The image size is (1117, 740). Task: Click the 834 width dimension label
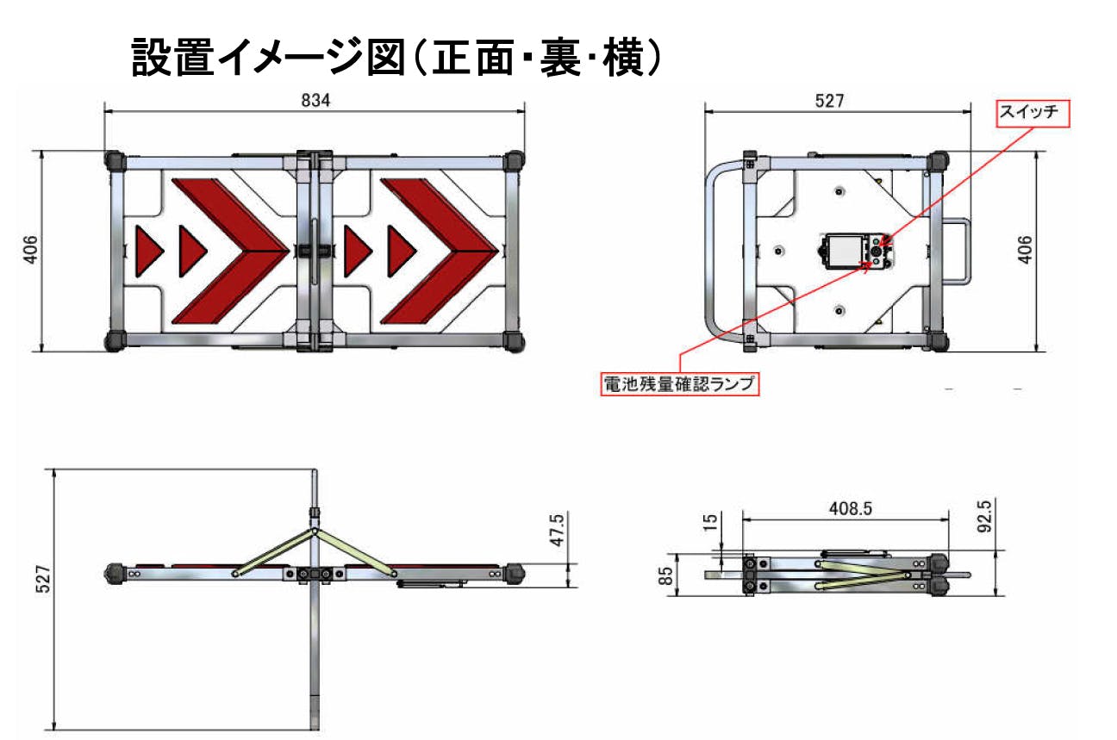[315, 101]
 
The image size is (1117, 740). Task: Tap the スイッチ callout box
[1033, 114]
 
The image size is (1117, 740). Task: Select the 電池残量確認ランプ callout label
[680, 383]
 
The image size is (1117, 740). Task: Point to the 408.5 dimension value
[851, 509]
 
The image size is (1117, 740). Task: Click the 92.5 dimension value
[985, 516]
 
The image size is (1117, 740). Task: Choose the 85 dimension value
[665, 576]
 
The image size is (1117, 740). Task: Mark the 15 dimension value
[709, 522]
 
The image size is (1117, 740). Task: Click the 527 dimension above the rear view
[829, 101]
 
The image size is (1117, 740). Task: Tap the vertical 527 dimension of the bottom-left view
[44, 579]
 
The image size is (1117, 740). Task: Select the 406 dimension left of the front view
[30, 249]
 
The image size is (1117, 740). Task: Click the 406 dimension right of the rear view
[1025, 250]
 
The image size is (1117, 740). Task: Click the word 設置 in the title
[173, 58]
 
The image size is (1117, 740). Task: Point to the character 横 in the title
[623, 58]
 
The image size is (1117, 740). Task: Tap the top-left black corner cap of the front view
[114, 160]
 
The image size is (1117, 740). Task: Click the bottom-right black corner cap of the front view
[514, 342]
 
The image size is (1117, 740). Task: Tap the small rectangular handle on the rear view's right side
[956, 252]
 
